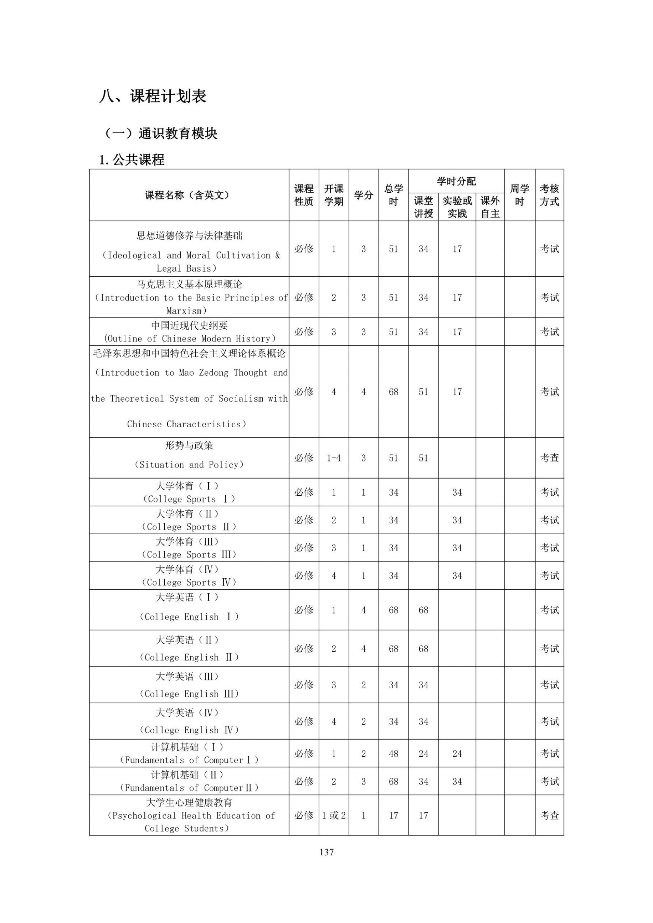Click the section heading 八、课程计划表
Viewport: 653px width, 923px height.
[x=153, y=97]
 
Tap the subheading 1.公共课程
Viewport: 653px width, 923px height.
[x=132, y=160]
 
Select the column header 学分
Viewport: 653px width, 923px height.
[x=363, y=195]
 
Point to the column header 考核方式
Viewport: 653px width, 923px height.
[x=549, y=195]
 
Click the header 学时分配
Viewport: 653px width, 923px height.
[x=456, y=181]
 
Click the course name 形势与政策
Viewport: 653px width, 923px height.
[x=189, y=445]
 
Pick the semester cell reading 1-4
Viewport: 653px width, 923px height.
[x=334, y=458]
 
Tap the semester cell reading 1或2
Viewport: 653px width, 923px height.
[x=334, y=815]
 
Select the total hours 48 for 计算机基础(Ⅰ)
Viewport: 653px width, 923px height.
[x=393, y=754]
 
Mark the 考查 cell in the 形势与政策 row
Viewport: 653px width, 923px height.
[x=549, y=458]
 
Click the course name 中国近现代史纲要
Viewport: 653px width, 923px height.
[x=189, y=325]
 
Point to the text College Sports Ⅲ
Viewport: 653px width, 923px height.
[x=189, y=555]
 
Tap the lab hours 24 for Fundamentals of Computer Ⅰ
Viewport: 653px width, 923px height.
[x=457, y=754]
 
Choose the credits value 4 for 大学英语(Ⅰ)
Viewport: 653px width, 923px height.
[x=363, y=610]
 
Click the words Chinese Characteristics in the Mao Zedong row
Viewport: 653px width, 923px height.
[x=187, y=424]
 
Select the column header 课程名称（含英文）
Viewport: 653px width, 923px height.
[x=188, y=195]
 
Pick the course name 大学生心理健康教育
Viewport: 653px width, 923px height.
[x=189, y=802]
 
